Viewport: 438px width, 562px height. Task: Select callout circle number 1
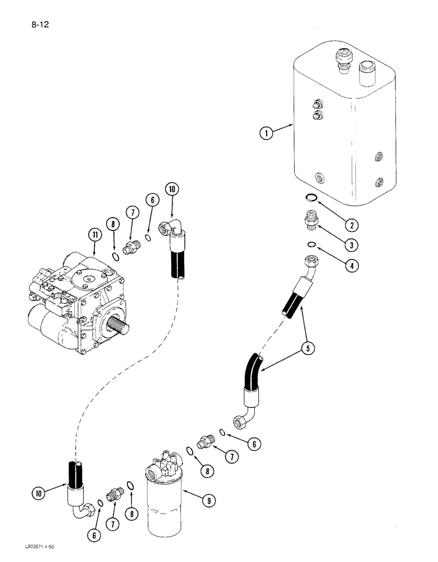266,133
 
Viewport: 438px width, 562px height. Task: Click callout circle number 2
352,226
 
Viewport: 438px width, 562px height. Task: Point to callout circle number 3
352,246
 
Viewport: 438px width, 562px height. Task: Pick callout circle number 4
352,266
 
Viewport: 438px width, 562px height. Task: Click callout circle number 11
92,235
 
